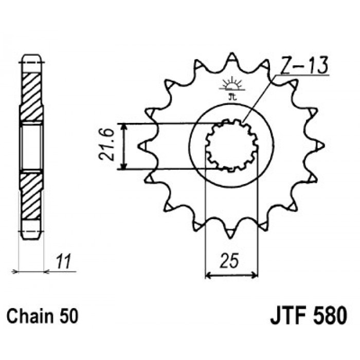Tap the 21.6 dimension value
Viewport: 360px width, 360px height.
pyautogui.click(x=106, y=145)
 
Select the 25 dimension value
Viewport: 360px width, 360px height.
pyautogui.click(x=229, y=261)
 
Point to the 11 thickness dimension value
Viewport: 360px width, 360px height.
pyautogui.click(x=63, y=261)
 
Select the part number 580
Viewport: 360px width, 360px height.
pyautogui.click(x=330, y=315)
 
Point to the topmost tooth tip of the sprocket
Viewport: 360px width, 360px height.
pyautogui.click(x=231, y=53)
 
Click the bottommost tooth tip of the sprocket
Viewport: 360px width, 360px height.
pyautogui.click(x=230, y=238)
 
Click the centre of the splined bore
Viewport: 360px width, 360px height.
pyautogui.click(x=231, y=145)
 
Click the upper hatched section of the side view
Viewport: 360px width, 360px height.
pyautogui.click(x=31, y=97)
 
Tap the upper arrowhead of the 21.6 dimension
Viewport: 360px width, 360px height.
pyautogui.click(x=124, y=127)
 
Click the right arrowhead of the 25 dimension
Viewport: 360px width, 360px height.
pyautogui.click(x=255, y=275)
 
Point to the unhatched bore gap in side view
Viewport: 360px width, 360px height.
pyautogui.click(x=31, y=147)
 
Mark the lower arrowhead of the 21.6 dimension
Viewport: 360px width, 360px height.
pyautogui.click(x=124, y=166)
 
